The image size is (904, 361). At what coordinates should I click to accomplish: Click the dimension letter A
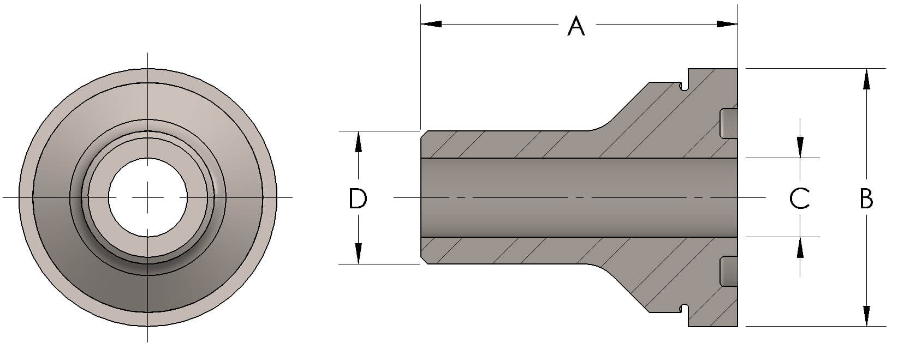pos(576,26)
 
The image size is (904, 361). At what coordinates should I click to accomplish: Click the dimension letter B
pos(866,199)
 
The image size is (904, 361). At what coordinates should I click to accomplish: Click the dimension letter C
pos(800,199)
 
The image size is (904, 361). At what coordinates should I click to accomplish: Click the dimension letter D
pos(358,199)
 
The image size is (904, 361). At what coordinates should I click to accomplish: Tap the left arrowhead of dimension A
pos(431,24)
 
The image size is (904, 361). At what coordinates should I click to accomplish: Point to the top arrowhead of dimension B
pos(866,79)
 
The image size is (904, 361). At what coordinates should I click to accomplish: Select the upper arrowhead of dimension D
pos(358,141)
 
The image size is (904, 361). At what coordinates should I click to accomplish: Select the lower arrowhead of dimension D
pos(358,254)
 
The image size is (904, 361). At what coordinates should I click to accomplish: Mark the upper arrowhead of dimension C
pos(800,148)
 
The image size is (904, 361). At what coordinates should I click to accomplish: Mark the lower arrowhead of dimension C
pos(800,248)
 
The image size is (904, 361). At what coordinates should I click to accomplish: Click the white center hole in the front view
pos(148,197)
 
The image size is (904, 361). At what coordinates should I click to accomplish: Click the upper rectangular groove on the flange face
pos(729,123)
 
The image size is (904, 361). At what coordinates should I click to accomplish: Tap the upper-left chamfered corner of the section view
pos(424,134)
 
